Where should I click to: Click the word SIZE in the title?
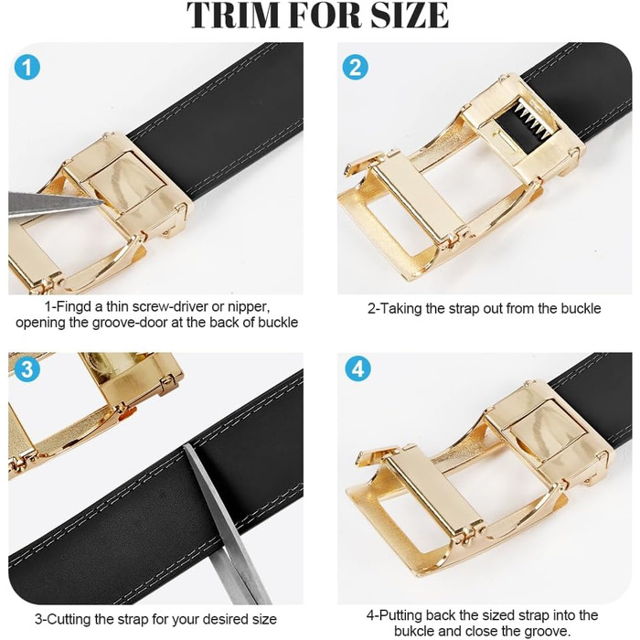point(410,16)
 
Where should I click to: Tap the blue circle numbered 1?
point(27,68)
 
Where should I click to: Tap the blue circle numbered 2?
point(355,68)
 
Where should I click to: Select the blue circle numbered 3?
point(27,369)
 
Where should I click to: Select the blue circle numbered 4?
point(358,369)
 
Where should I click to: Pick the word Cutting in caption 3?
point(68,619)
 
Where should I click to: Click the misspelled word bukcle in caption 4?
point(414,631)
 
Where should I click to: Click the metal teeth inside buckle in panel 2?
point(529,118)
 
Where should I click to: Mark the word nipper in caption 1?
point(249,307)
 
